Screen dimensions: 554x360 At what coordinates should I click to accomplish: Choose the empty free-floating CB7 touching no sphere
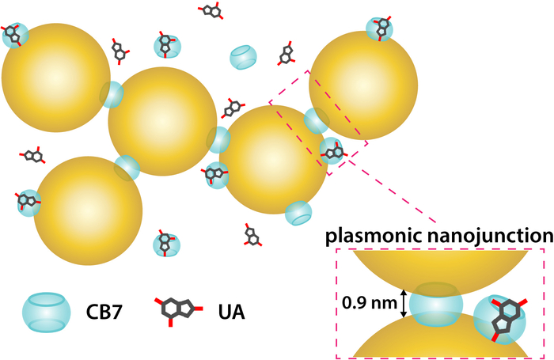pyautogui.click(x=243, y=57)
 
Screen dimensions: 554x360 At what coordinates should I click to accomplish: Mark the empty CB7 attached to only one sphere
pyautogui.click(x=298, y=212)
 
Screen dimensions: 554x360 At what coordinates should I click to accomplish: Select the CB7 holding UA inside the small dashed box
pyautogui.click(x=332, y=150)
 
